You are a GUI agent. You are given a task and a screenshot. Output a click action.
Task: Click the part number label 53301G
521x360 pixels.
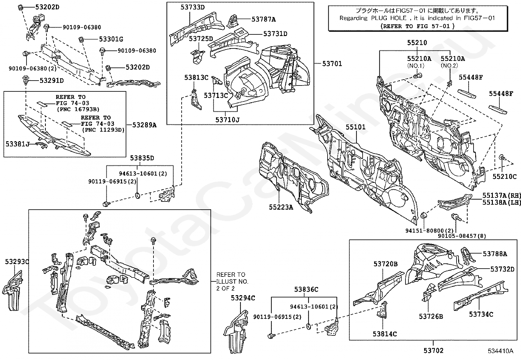tap(111, 39)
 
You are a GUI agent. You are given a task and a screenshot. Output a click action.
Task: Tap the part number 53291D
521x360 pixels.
tap(51, 81)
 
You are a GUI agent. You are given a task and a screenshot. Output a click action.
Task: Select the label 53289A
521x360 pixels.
tap(144, 125)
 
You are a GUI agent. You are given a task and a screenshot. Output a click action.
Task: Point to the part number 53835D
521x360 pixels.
tap(142, 158)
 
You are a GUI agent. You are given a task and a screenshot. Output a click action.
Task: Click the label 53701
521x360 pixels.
tap(332, 64)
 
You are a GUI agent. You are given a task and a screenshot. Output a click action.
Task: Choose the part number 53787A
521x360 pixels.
tap(263, 19)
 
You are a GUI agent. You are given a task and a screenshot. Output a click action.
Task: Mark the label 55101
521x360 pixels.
tap(355, 127)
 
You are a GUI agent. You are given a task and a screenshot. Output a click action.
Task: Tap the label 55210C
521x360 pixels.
tap(505, 177)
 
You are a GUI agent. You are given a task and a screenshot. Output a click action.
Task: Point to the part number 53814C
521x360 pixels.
tap(385, 334)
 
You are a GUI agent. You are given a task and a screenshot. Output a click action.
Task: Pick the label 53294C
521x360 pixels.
tap(243, 298)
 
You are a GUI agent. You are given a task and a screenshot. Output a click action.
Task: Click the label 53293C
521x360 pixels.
tap(17, 261)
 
